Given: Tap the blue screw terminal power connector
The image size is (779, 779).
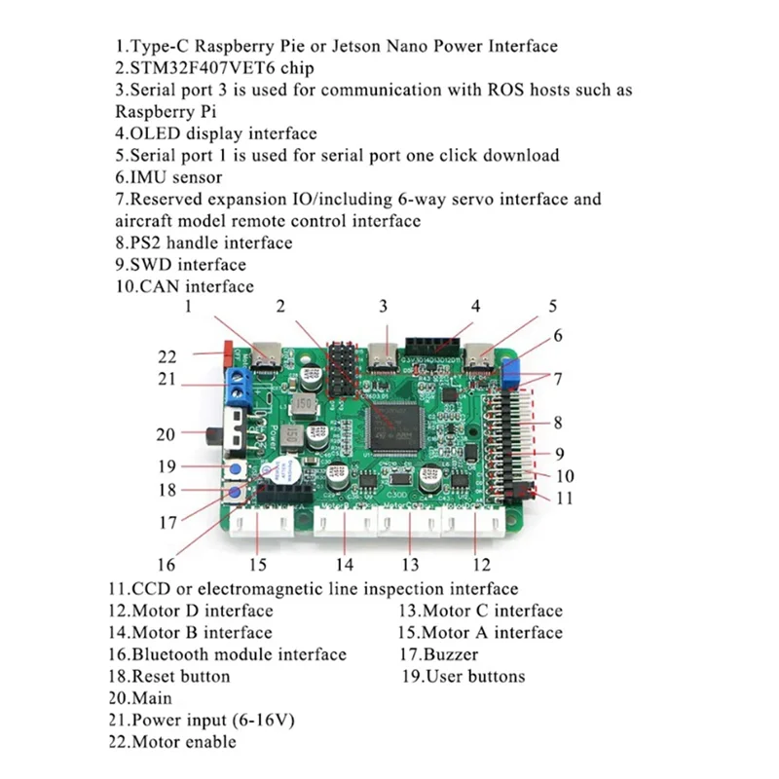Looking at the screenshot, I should tap(240, 385).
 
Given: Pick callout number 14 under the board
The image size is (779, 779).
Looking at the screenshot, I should tap(343, 565).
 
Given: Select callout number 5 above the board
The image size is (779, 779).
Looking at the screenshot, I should tap(552, 306).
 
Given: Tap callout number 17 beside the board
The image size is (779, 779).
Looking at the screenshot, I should tap(167, 522).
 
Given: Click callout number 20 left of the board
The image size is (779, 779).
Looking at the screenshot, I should tap(167, 434).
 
